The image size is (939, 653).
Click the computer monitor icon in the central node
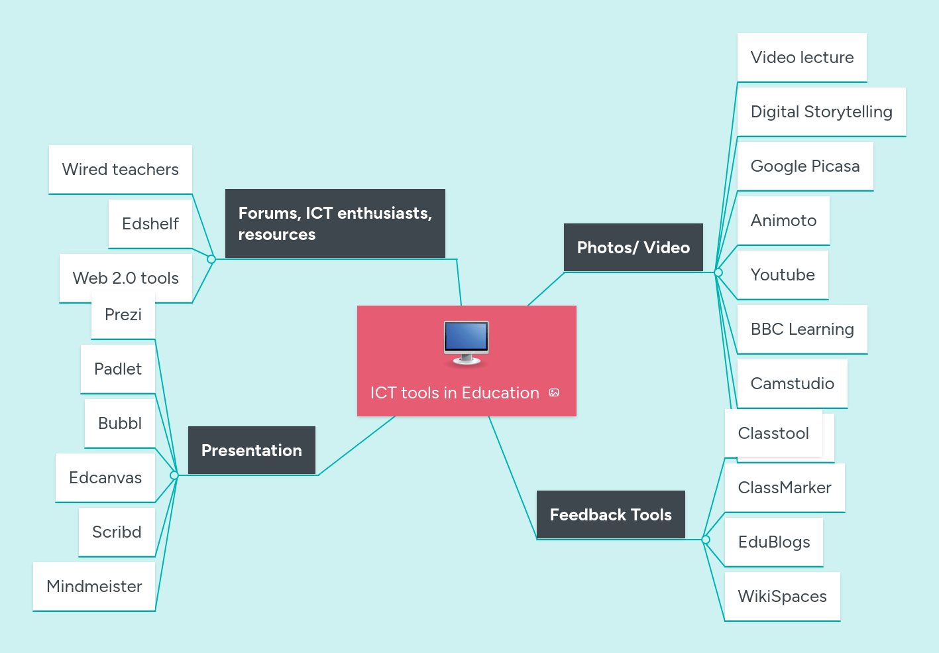click(x=466, y=342)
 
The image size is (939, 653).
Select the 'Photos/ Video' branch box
click(x=633, y=247)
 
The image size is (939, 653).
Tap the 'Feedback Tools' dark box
click(x=610, y=514)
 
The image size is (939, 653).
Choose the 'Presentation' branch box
click(x=251, y=450)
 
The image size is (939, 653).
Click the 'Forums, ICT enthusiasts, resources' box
click(x=335, y=223)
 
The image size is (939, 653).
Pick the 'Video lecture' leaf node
click(x=802, y=58)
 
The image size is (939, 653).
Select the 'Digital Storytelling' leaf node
click(x=821, y=112)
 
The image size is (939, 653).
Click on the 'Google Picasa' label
click(x=804, y=166)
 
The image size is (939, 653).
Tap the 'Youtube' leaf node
click(x=783, y=275)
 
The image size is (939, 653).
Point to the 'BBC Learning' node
click(x=802, y=329)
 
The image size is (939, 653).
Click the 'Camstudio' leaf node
click(x=792, y=384)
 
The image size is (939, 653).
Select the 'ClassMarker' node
click(x=784, y=488)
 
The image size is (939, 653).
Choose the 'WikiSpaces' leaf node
click(x=782, y=597)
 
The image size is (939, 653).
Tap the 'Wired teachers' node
click(x=120, y=170)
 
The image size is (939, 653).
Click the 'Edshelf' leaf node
click(x=150, y=224)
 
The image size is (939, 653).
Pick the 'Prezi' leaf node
click(x=123, y=315)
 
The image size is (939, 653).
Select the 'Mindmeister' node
click(x=94, y=587)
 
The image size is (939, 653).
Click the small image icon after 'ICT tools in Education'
click(x=554, y=393)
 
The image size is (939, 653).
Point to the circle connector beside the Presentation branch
click(x=174, y=475)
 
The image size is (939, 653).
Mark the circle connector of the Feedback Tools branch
click(x=706, y=540)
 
